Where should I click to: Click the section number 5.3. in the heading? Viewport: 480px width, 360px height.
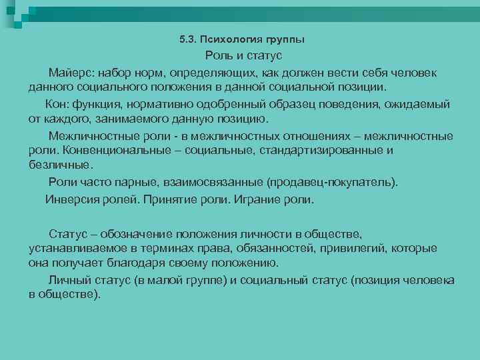point(189,41)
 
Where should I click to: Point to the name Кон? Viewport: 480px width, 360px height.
point(57,105)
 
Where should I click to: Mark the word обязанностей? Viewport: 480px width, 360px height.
point(281,249)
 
